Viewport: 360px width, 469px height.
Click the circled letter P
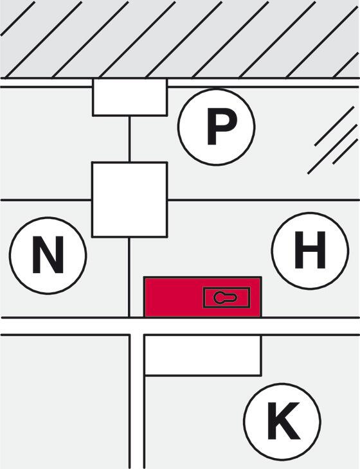(217, 127)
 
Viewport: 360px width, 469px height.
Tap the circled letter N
(48, 256)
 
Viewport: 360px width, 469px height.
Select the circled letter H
(310, 251)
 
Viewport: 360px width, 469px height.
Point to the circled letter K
(282, 422)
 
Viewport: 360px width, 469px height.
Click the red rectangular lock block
(203, 297)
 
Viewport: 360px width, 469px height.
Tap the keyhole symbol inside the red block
(226, 297)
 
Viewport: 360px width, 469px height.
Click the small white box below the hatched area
(130, 97)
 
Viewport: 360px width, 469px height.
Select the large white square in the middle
(130, 200)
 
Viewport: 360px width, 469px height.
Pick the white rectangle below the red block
(203, 355)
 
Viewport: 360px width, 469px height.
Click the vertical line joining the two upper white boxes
(129, 139)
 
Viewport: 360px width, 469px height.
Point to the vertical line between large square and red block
(129, 278)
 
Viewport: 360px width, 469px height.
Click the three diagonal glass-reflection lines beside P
(333, 140)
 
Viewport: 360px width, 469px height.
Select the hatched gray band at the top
(180, 39)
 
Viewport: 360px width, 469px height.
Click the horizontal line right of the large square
(264, 200)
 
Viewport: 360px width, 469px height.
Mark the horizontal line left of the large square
(46, 200)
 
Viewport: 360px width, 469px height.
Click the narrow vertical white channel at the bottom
(138, 401)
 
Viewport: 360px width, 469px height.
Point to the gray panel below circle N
(64, 402)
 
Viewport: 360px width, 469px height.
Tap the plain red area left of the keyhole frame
(174, 297)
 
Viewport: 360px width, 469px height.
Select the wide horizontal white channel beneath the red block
(180, 326)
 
